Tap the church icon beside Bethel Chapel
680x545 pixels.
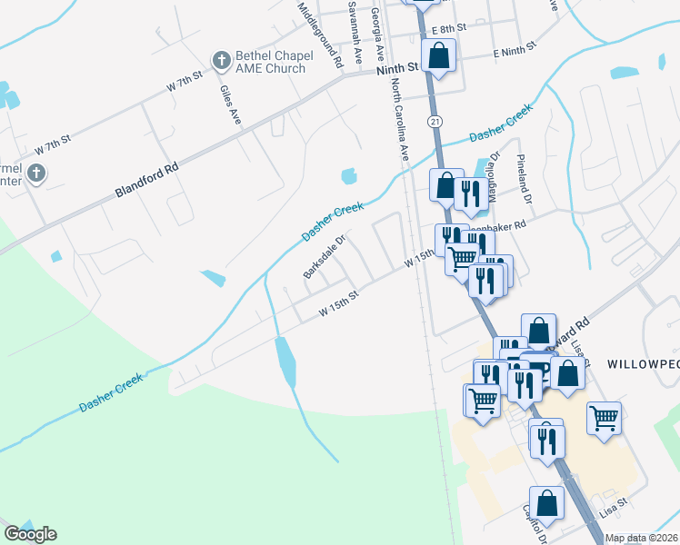point(220,61)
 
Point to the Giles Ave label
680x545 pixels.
point(230,104)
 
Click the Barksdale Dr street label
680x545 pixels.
point(325,259)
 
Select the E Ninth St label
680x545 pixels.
point(522,52)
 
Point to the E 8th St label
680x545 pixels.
point(449,29)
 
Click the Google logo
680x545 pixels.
point(30,534)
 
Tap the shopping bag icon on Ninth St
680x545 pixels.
point(438,56)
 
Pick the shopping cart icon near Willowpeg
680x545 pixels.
point(604,419)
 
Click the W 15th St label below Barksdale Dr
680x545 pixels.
point(340,304)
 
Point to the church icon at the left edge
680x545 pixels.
point(35,173)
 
